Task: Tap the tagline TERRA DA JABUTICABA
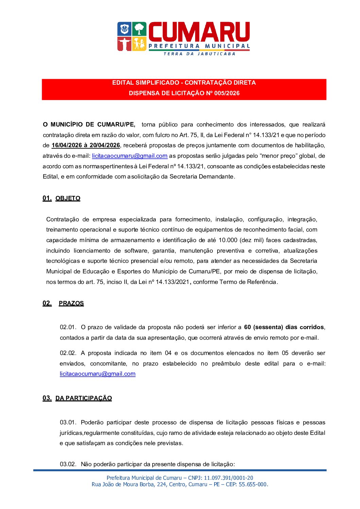point(199,54)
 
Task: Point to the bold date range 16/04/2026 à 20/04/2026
point(86,146)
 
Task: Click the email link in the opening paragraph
point(130,156)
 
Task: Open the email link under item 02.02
point(98,374)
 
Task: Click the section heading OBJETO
point(68,199)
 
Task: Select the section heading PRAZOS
point(71,303)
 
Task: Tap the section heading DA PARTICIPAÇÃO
point(84,398)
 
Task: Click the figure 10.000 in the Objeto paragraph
point(227,240)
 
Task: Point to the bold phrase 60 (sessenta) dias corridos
point(284,327)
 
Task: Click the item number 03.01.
point(68,423)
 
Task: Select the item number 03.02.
point(68,464)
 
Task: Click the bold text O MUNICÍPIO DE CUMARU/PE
point(89,125)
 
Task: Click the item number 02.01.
point(68,327)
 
